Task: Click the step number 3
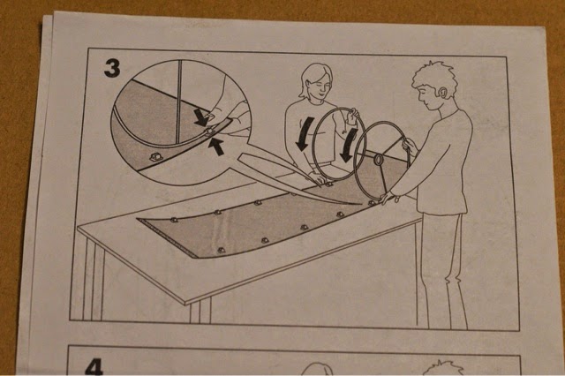click(112, 69)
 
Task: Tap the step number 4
click(94, 367)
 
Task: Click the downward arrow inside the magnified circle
click(200, 117)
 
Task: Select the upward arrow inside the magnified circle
click(216, 147)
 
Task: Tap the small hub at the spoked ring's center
click(378, 160)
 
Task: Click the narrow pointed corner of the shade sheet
click(139, 218)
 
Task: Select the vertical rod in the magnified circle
click(179, 102)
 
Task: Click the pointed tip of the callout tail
click(361, 204)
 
